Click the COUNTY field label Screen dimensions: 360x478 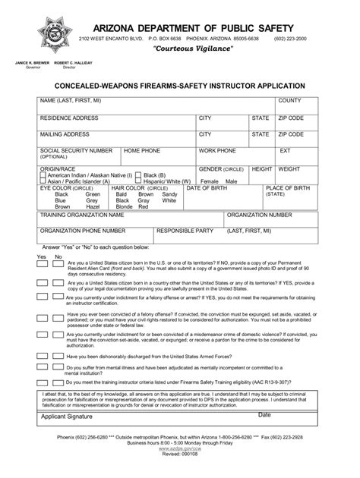coord(289,101)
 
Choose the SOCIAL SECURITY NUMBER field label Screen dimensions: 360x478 coord(76,150)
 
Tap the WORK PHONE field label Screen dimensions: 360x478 coord(217,150)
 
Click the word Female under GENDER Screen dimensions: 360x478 coord(209,182)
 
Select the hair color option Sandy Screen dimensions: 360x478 coord(169,194)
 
